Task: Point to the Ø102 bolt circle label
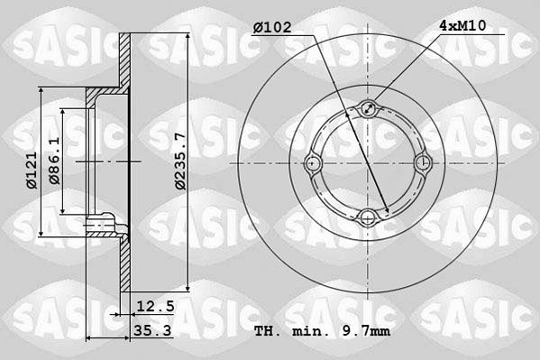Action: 274,28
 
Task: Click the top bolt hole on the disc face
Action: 369,111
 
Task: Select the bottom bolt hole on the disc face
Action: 369,217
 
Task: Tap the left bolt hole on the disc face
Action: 315,163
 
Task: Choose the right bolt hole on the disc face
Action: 421,163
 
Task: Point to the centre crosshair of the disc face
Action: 369,163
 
